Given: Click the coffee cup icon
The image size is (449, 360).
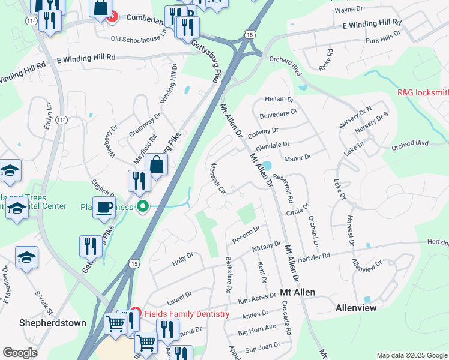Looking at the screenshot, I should pyautogui.click(x=104, y=207).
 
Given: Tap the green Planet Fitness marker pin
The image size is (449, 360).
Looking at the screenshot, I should pyautogui.click(x=142, y=208).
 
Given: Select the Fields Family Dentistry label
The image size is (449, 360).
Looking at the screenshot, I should pyautogui.click(x=186, y=314).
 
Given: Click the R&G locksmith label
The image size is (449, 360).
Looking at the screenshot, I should pyautogui.click(x=423, y=92).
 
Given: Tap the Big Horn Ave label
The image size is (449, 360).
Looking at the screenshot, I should pyautogui.click(x=256, y=328).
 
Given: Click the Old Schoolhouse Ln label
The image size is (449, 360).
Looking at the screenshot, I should pyautogui.click(x=138, y=38).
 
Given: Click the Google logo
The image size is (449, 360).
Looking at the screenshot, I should pyautogui.click(x=20, y=353).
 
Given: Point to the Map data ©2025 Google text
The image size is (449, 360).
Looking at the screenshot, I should pyautogui.click(x=411, y=355).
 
